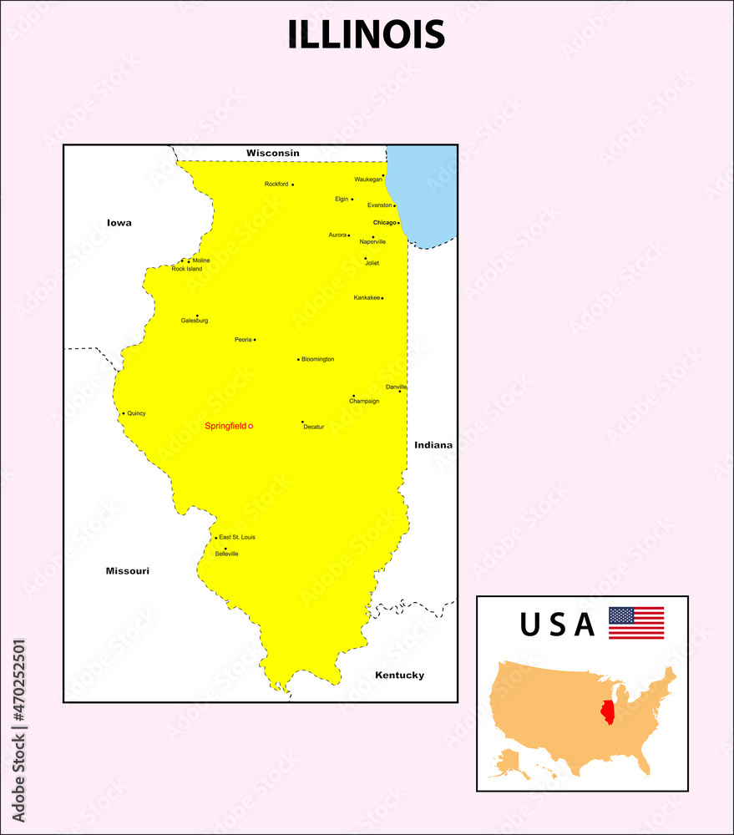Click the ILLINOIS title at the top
click(367, 35)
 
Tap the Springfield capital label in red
click(225, 427)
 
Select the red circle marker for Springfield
click(251, 427)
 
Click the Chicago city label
click(384, 223)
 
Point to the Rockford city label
click(276, 184)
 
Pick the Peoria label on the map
click(243, 340)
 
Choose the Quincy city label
click(136, 413)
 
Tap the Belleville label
click(226, 554)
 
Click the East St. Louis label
click(237, 537)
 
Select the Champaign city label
click(364, 402)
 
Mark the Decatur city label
click(313, 427)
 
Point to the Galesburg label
click(195, 321)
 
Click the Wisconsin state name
click(272, 154)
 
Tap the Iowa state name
click(119, 223)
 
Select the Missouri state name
click(127, 571)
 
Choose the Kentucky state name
click(399, 676)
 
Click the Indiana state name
click(433, 445)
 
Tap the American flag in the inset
click(636, 623)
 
